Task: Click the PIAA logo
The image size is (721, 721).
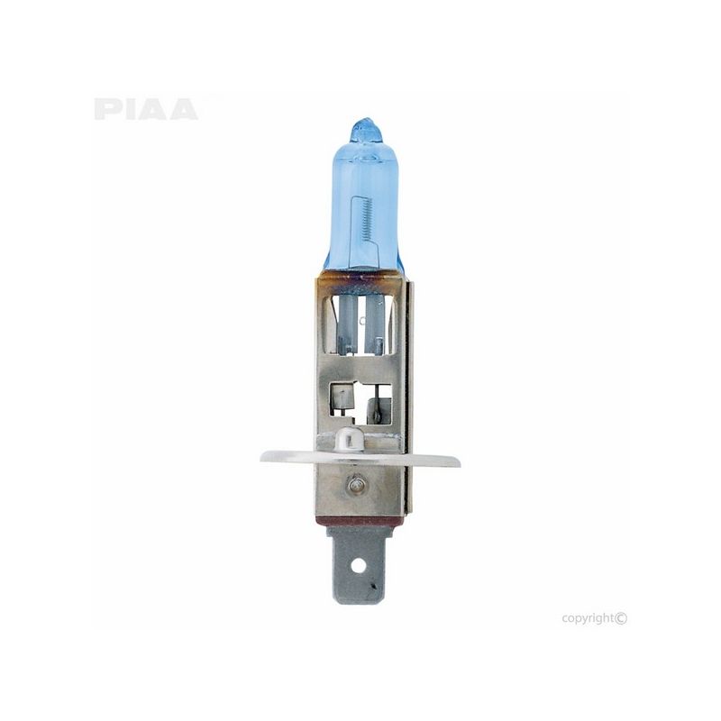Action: click(x=145, y=109)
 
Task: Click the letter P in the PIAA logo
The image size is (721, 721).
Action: click(x=105, y=109)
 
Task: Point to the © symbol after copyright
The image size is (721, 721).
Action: click(x=621, y=617)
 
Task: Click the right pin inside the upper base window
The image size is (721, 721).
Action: click(x=379, y=324)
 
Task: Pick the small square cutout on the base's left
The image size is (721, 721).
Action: click(x=342, y=397)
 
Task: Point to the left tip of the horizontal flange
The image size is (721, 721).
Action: click(x=264, y=457)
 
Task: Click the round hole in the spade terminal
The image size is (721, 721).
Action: click(x=359, y=566)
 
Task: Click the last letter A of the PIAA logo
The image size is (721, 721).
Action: click(x=183, y=109)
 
